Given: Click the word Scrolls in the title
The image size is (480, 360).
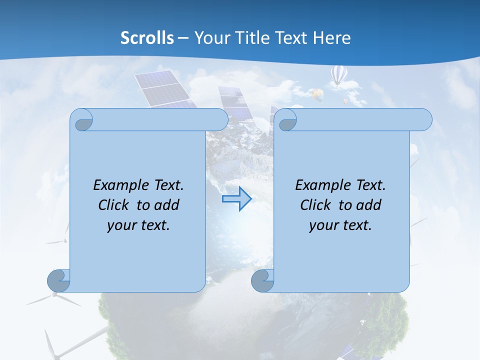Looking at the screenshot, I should coord(147,38).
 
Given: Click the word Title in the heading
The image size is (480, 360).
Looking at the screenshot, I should coord(252,38).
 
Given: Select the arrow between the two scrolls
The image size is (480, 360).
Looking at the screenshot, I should coord(236,199).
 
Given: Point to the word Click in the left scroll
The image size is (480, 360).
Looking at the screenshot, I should coord(115,205).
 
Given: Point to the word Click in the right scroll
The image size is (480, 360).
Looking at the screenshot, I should coord(317,205).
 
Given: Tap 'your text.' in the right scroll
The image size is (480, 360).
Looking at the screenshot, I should coord(340,225).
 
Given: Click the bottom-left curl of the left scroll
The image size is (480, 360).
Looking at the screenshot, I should coord(58,281).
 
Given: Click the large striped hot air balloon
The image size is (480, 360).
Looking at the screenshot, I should coord(339,75).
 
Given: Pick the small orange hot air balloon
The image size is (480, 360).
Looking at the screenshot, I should coord(316,93).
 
